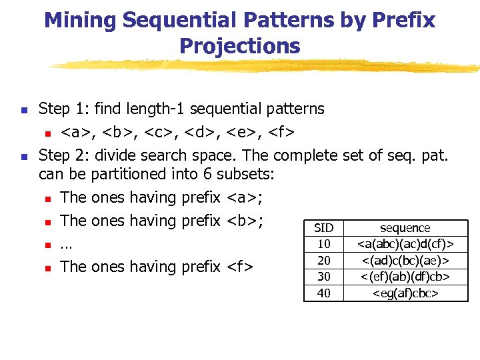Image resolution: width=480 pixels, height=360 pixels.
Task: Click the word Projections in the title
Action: tap(239, 46)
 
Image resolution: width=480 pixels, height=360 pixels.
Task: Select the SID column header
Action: tap(323, 228)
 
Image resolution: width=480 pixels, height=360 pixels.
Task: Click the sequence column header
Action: tap(405, 228)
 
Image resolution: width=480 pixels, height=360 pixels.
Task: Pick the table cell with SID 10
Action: tap(323, 244)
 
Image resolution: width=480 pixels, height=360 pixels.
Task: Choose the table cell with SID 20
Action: tap(323, 260)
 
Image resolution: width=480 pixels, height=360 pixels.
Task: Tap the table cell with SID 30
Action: tap(323, 276)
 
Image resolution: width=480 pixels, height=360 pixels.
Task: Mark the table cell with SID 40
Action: tap(323, 293)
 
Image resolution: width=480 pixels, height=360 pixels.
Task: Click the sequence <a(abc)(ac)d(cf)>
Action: tap(405, 244)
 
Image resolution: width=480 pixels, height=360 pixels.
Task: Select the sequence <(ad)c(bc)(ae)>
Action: tap(405, 260)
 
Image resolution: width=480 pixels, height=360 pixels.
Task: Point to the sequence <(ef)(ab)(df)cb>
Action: tap(405, 276)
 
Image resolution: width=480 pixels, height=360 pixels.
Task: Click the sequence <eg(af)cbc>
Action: tap(405, 293)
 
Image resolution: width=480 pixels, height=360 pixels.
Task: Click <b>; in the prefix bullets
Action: tap(246, 220)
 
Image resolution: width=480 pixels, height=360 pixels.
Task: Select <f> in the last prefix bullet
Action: tap(240, 267)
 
